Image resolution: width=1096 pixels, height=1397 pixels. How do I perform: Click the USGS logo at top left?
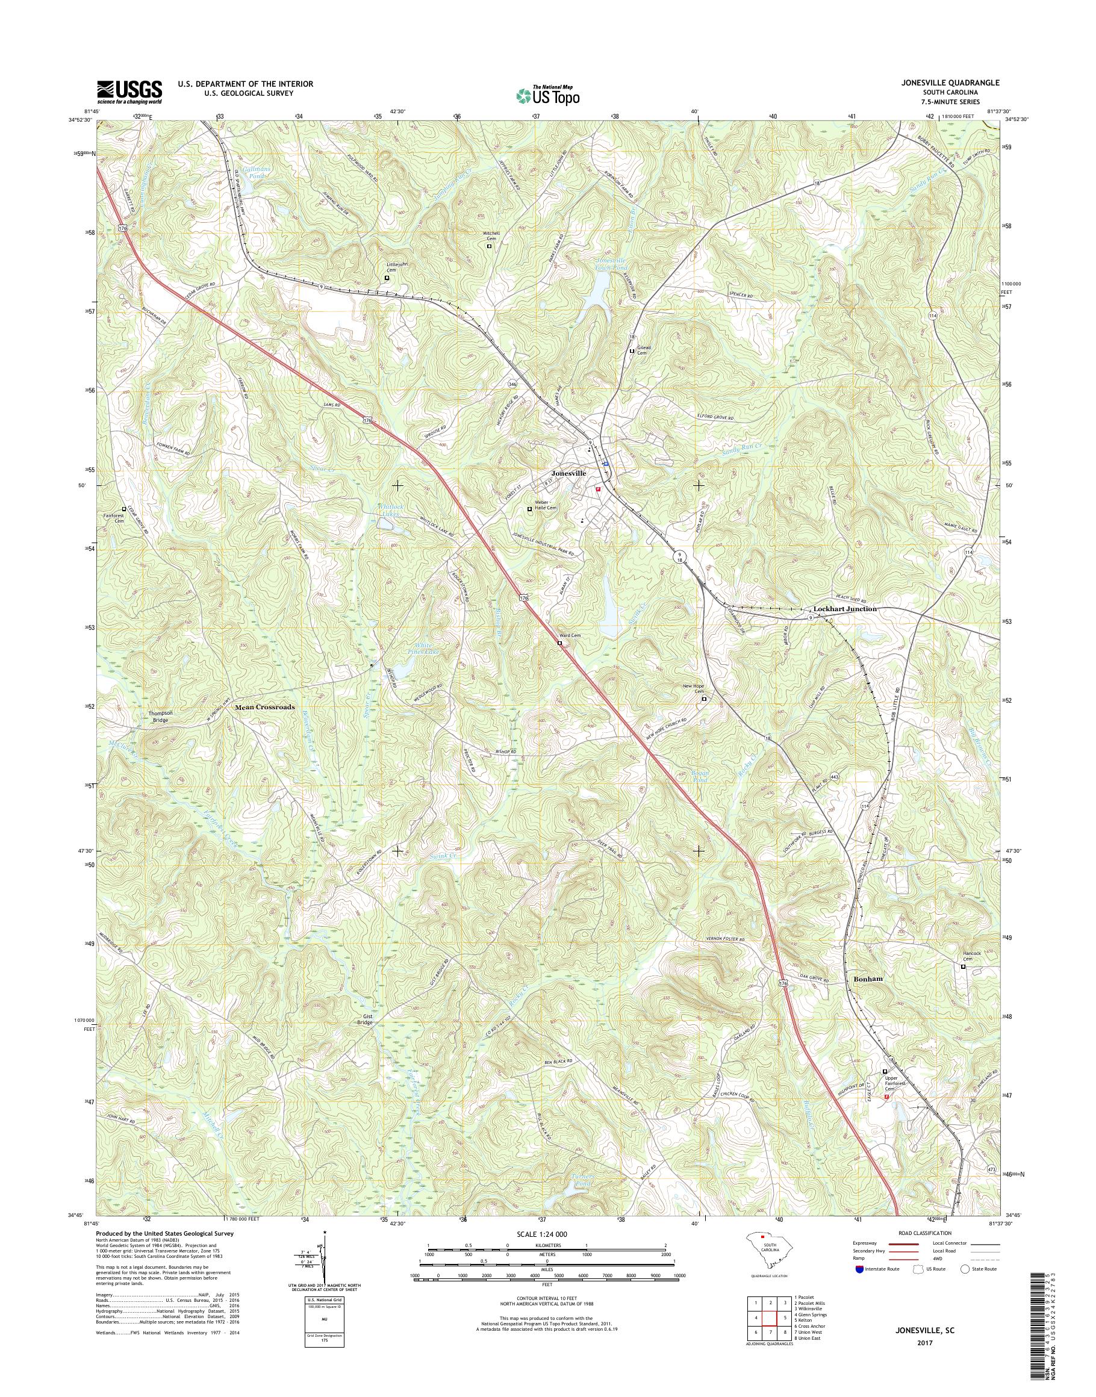129,92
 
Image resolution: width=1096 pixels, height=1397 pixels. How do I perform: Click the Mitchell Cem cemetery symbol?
489,246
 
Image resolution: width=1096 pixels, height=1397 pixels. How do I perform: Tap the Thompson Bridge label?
160,717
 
